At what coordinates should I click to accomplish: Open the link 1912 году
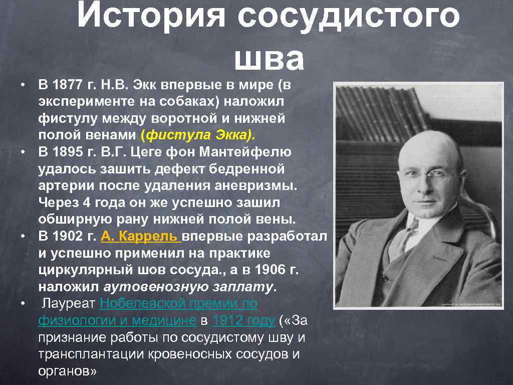[x=243, y=320]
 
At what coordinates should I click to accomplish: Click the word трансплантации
[x=90, y=354]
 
